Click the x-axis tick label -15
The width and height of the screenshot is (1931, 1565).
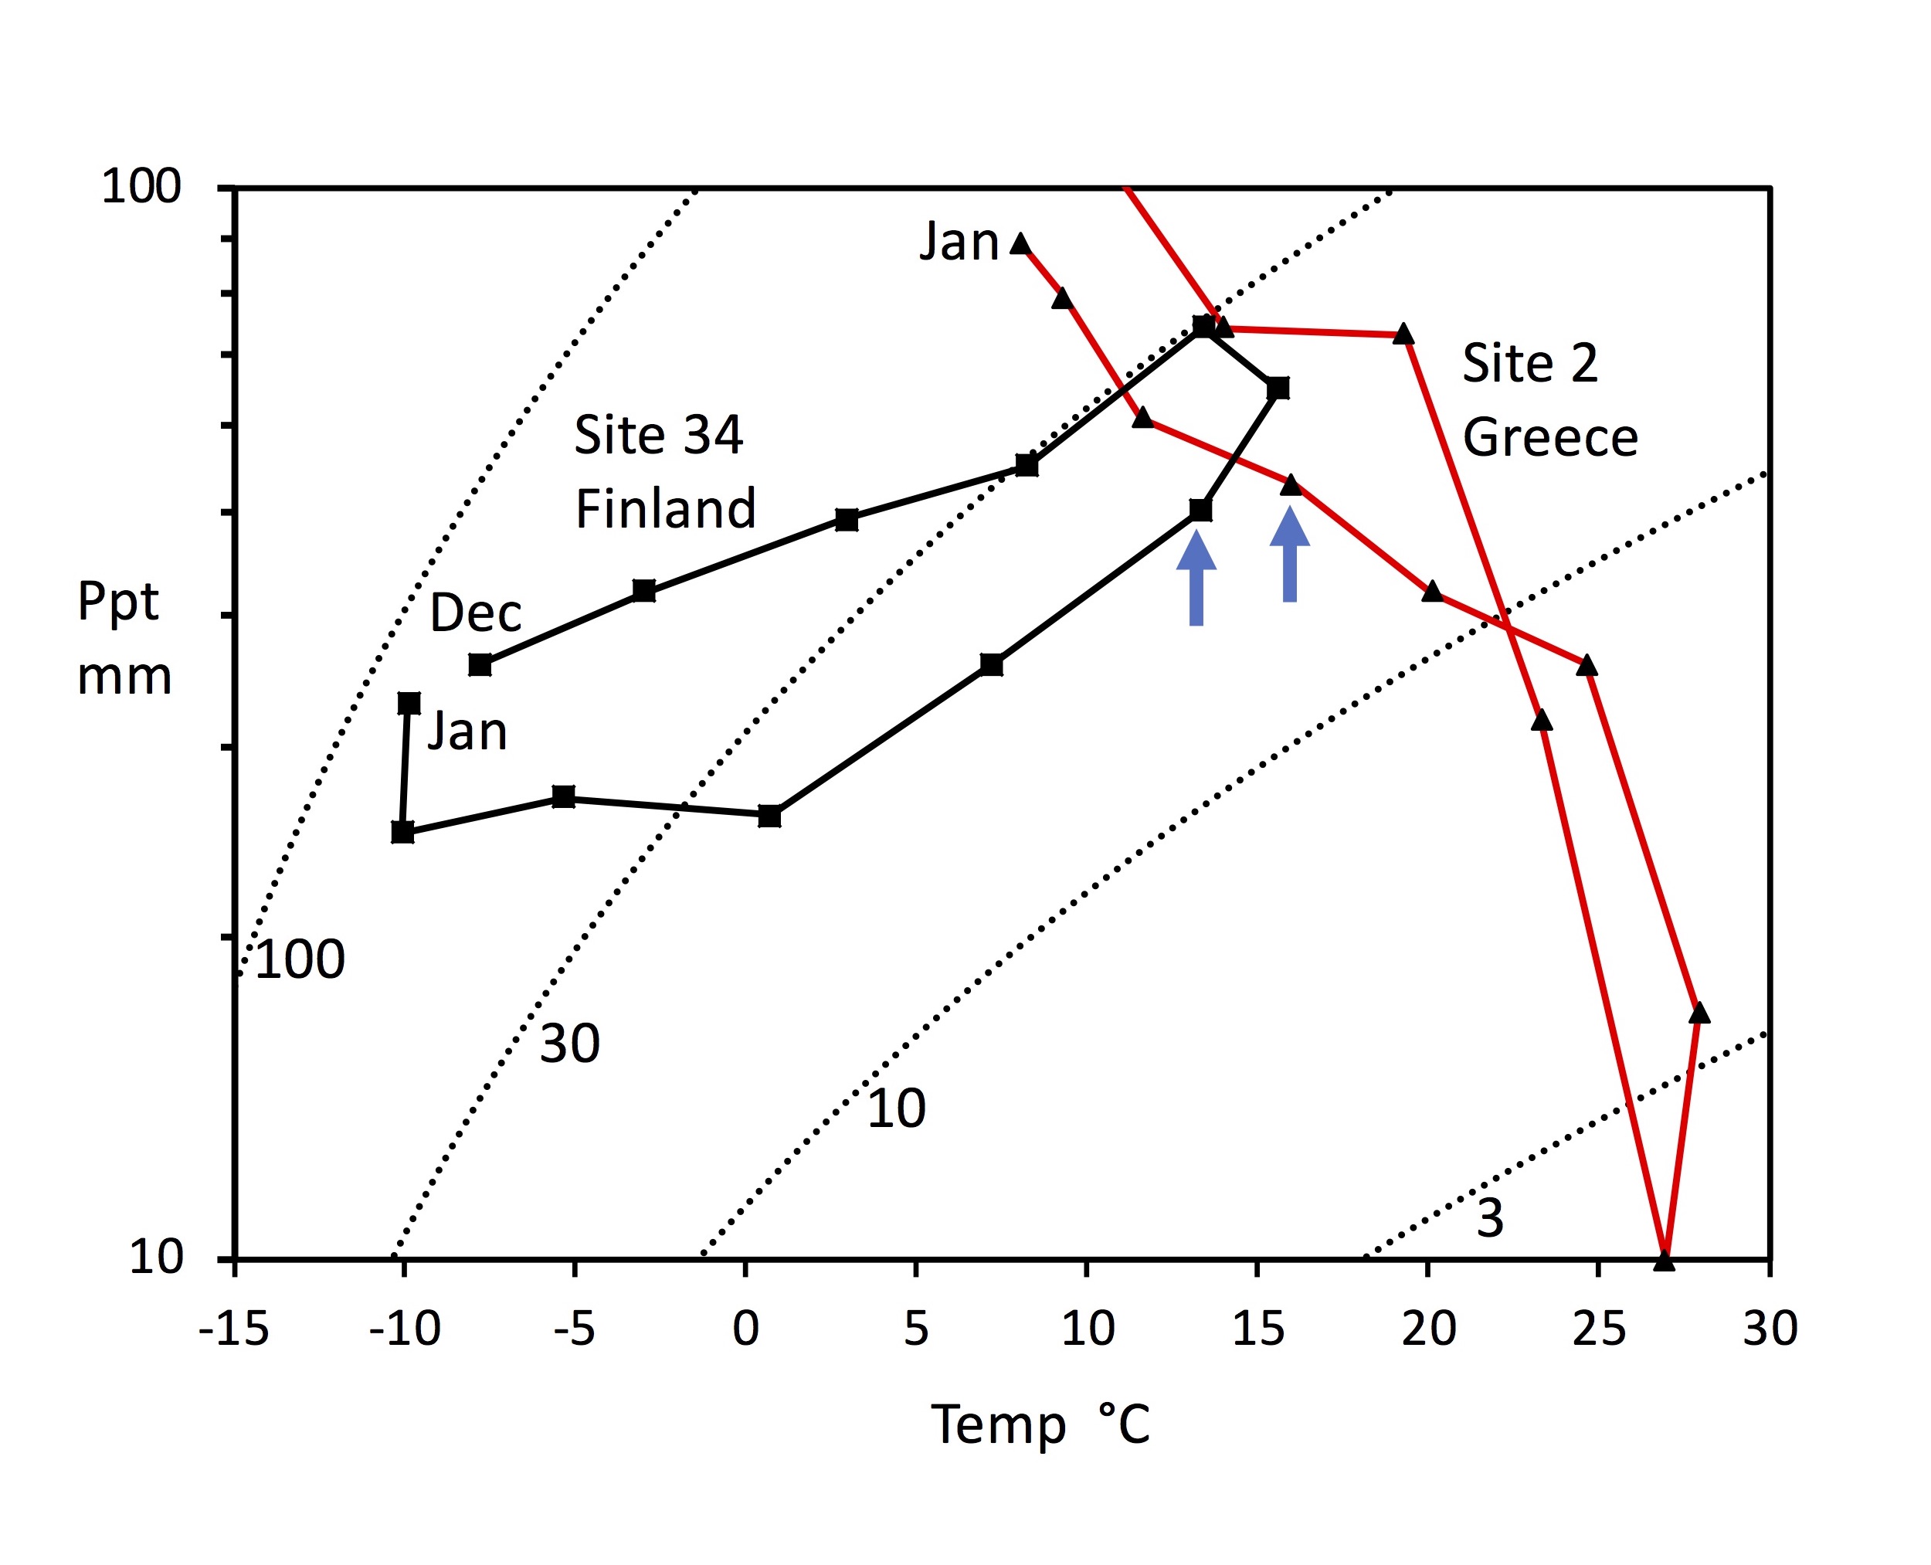coord(233,1328)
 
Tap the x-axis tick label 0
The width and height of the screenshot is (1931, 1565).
coord(745,1328)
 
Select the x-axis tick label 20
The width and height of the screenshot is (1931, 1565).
coord(1428,1328)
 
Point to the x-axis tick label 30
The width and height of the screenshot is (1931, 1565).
coord(1770,1328)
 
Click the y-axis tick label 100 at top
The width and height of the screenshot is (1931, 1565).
coord(141,187)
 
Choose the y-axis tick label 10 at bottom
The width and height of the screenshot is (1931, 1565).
coord(156,1256)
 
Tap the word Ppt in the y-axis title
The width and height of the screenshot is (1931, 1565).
coord(117,603)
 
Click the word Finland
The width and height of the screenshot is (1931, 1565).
coord(665,508)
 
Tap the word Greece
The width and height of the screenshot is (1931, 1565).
coord(1549,439)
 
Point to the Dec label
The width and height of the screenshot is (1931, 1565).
coord(475,613)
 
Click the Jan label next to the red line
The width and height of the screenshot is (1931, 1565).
coord(959,243)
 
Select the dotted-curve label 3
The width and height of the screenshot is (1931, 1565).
coord(1490,1218)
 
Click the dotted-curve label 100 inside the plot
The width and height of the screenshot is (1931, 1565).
coord(300,959)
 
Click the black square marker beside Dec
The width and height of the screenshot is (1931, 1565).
coord(480,665)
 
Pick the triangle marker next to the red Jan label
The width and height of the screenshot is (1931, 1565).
coord(1020,244)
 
